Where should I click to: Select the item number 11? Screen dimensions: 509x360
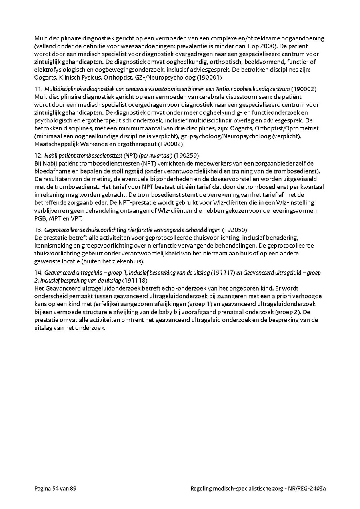pos(38,89)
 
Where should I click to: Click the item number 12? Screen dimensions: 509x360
pos(38,155)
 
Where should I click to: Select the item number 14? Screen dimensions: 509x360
pos(38,273)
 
